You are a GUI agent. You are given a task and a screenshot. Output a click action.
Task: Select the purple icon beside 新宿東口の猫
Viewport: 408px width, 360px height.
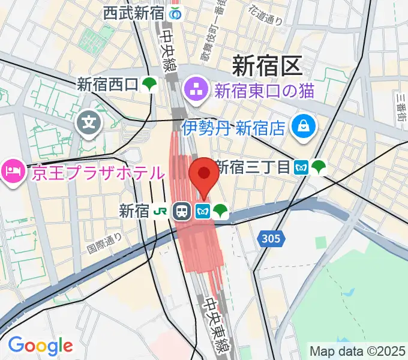pyautogui.click(x=196, y=91)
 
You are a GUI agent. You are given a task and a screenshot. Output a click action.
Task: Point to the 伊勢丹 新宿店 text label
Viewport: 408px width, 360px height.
pyautogui.click(x=233, y=127)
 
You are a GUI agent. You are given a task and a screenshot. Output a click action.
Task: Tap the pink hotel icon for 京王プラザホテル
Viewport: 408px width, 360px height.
pyautogui.click(x=11, y=173)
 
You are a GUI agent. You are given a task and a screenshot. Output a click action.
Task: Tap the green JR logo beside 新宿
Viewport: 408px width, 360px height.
pyautogui.click(x=160, y=211)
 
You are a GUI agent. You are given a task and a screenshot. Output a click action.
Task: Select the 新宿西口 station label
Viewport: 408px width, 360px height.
pyautogui.click(x=107, y=85)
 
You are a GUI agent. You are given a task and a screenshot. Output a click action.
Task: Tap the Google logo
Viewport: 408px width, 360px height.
pyautogui.click(x=40, y=346)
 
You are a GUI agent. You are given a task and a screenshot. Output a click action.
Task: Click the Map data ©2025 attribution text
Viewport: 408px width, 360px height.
pyautogui.click(x=358, y=350)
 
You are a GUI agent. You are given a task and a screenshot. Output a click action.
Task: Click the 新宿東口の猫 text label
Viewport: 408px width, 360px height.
pyautogui.click(x=264, y=92)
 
